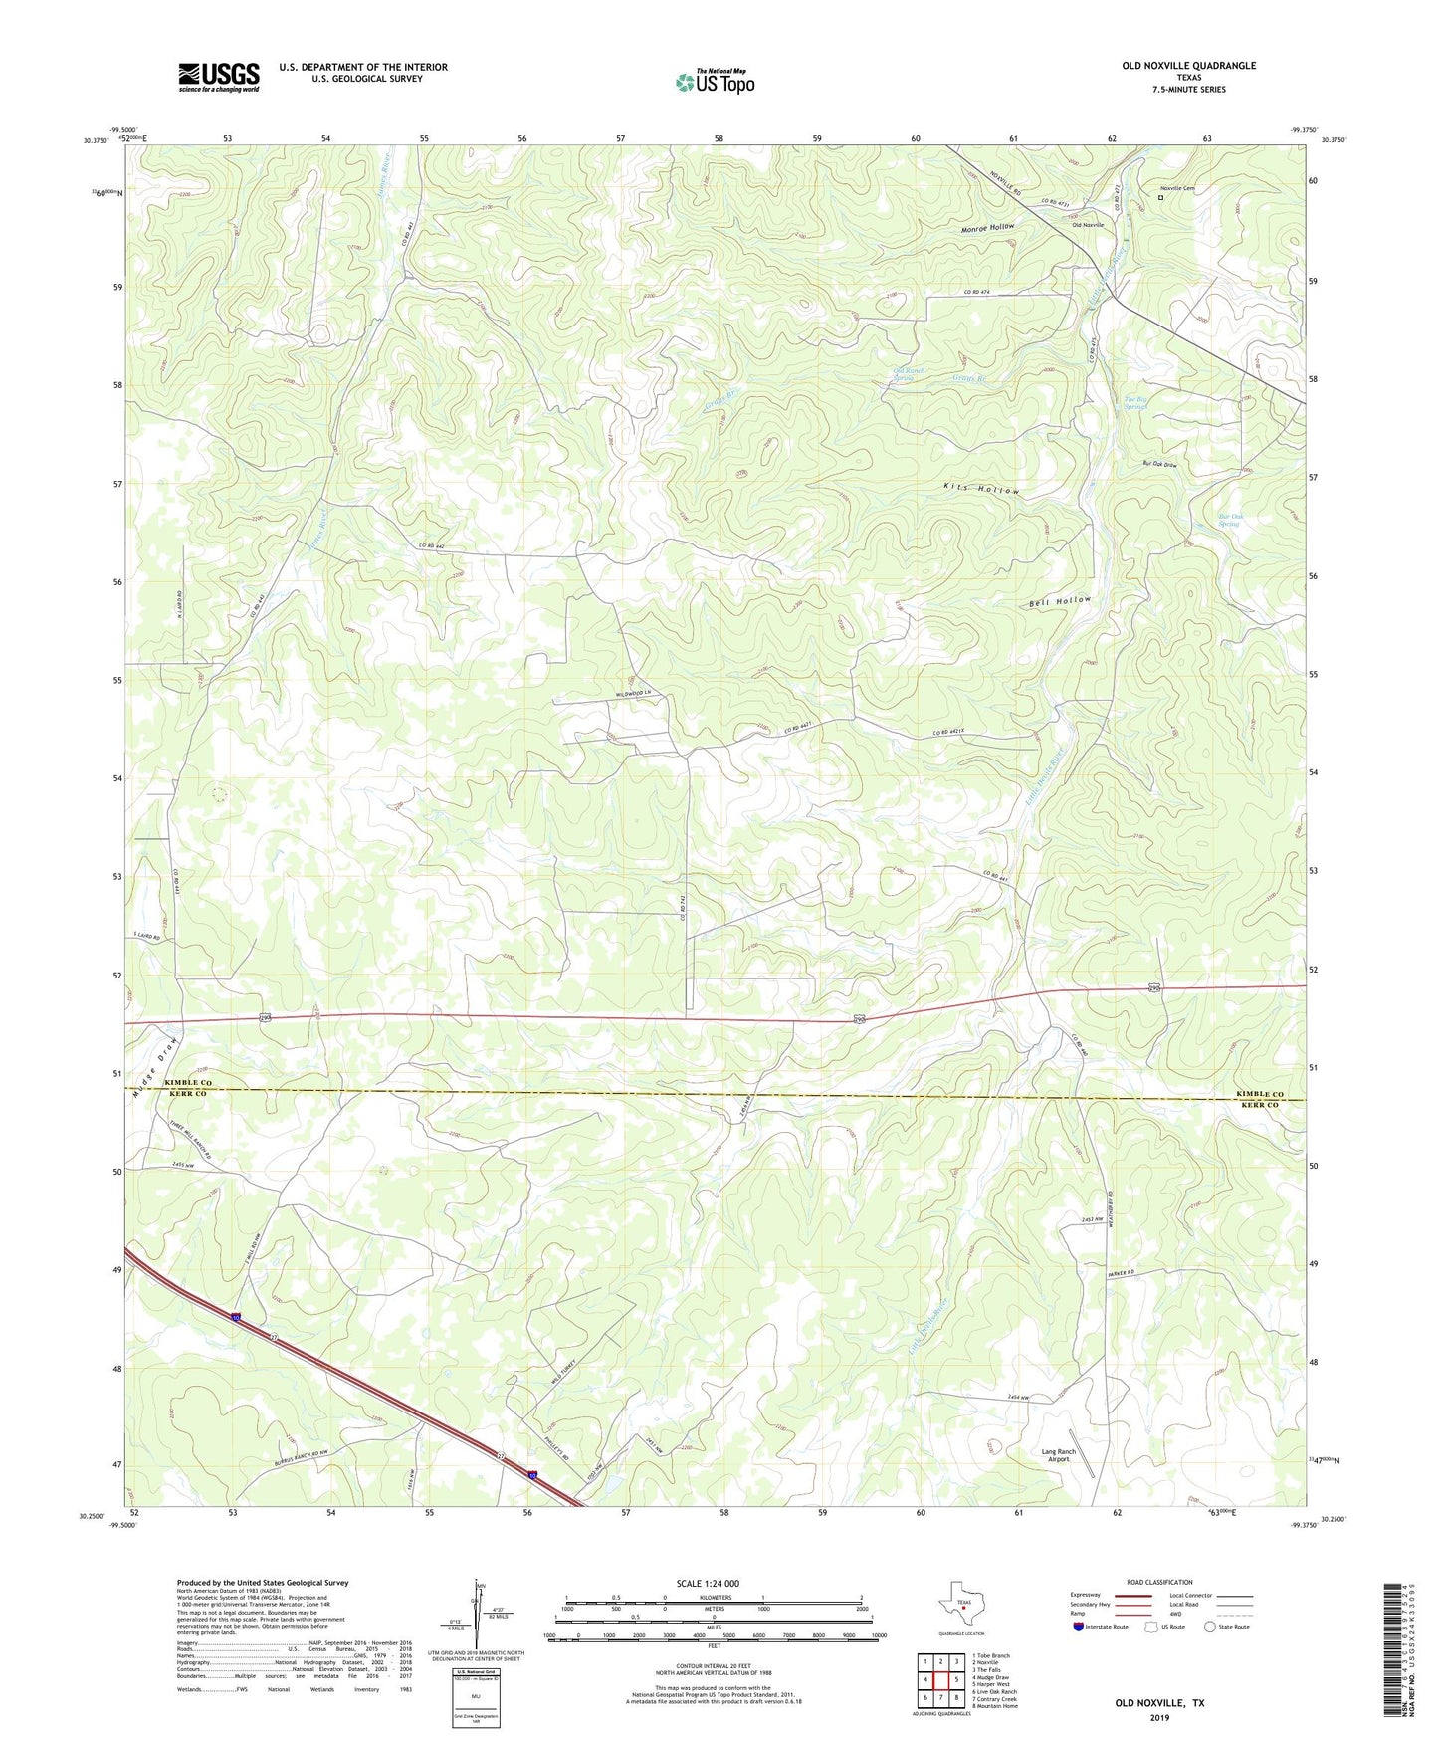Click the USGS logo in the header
pyautogui.click(x=218, y=77)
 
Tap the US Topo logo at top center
pyautogui.click(x=715, y=82)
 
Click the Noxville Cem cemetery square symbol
pyautogui.click(x=1160, y=197)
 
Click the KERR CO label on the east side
pyautogui.click(x=1259, y=1105)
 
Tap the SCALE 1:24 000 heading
pyautogui.click(x=707, y=1584)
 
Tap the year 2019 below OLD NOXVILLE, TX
pyautogui.click(x=1158, y=1717)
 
